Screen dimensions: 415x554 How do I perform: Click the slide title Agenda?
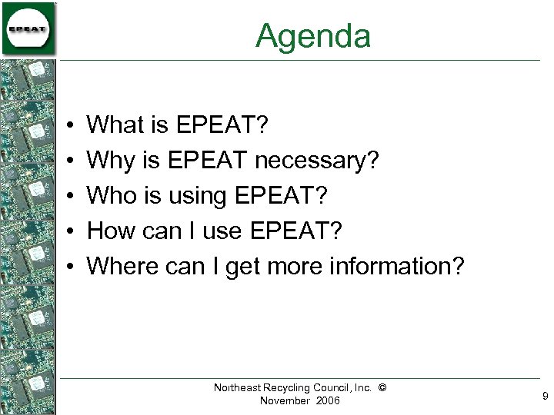pyautogui.click(x=313, y=36)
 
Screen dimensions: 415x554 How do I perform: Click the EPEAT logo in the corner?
pyautogui.click(x=28, y=29)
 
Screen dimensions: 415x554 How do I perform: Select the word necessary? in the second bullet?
pyautogui.click(x=317, y=160)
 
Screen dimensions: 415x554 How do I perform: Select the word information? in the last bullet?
pyautogui.click(x=398, y=266)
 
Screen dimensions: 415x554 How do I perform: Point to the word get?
pyautogui.click(x=245, y=267)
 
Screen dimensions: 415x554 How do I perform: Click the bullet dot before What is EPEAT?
pyautogui.click(x=69, y=124)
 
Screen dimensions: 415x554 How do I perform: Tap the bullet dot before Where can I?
pyautogui.click(x=69, y=267)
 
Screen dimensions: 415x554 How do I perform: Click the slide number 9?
pyautogui.click(x=545, y=397)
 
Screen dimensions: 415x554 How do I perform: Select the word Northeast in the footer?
pyautogui.click(x=239, y=388)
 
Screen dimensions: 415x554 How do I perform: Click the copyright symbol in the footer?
pyautogui.click(x=382, y=388)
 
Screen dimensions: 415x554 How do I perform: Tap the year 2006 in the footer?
pyautogui.click(x=325, y=401)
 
